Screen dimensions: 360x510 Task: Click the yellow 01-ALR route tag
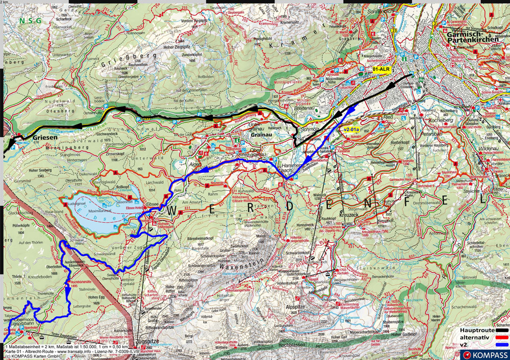(381, 70)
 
